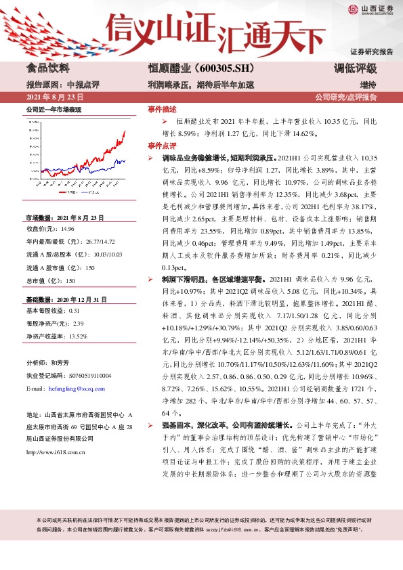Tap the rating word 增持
[x=368, y=85]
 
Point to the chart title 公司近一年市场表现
[x=54, y=108]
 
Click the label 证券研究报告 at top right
[x=371, y=51]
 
